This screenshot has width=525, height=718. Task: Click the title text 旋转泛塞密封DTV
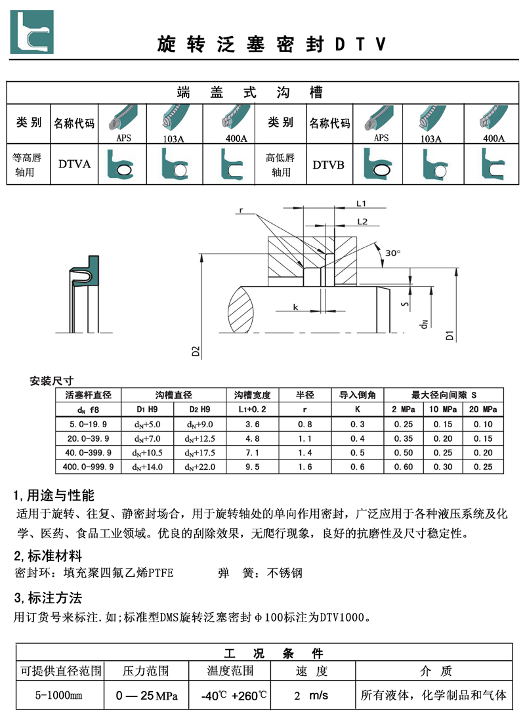[271, 45]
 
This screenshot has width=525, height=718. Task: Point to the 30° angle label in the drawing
[392, 253]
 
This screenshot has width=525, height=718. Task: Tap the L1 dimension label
[361, 203]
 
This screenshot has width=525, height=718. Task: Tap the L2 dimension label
[361, 221]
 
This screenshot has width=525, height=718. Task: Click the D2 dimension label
[196, 350]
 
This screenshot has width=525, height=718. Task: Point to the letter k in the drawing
[296, 307]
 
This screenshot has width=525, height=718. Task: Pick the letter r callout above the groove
[241, 210]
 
